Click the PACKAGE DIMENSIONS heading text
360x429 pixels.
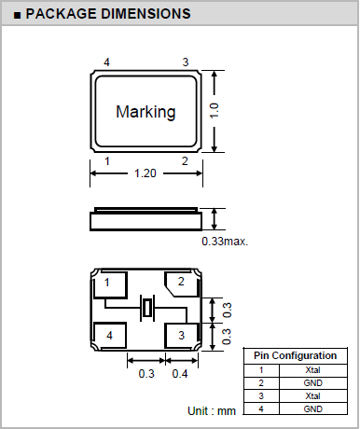[x=108, y=14]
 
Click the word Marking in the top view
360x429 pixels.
[x=145, y=112]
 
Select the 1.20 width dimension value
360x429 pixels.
[x=145, y=173]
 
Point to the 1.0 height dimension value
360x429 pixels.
[x=215, y=111]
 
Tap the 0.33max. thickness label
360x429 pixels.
[x=225, y=242]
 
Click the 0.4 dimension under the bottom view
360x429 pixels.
[x=180, y=373]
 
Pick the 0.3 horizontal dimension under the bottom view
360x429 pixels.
[x=146, y=373]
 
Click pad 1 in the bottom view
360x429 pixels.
[x=110, y=285]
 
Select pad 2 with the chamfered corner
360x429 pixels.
[x=182, y=284]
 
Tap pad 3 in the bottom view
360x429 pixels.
[x=182, y=336]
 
